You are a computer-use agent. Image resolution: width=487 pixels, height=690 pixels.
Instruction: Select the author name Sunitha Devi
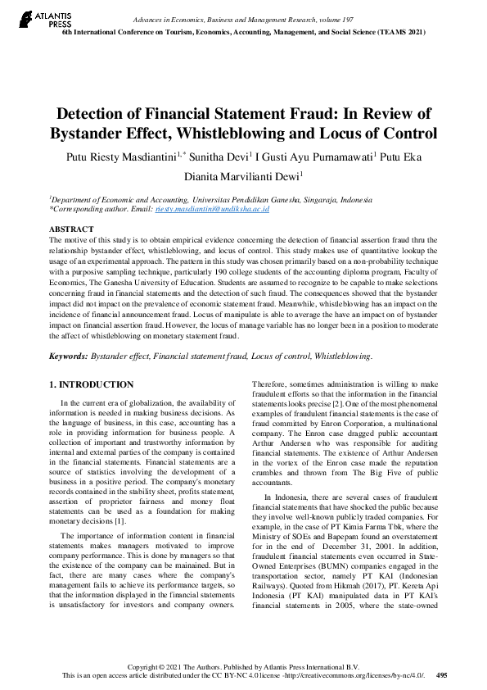218,156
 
